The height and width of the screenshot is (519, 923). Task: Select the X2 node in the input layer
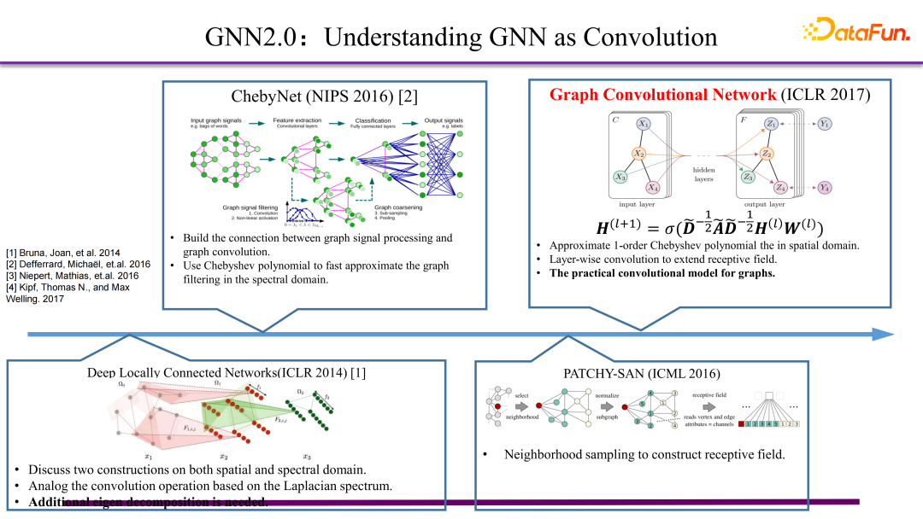[638, 154]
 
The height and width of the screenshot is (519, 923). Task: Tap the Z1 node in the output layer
[772, 125]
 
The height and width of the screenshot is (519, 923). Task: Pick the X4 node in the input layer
[653, 187]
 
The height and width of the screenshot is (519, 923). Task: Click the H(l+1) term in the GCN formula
[622, 228]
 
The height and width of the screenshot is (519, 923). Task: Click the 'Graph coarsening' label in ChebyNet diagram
[398, 207]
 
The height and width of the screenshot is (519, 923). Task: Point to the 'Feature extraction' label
[297, 120]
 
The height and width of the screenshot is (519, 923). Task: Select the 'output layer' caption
[764, 205]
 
